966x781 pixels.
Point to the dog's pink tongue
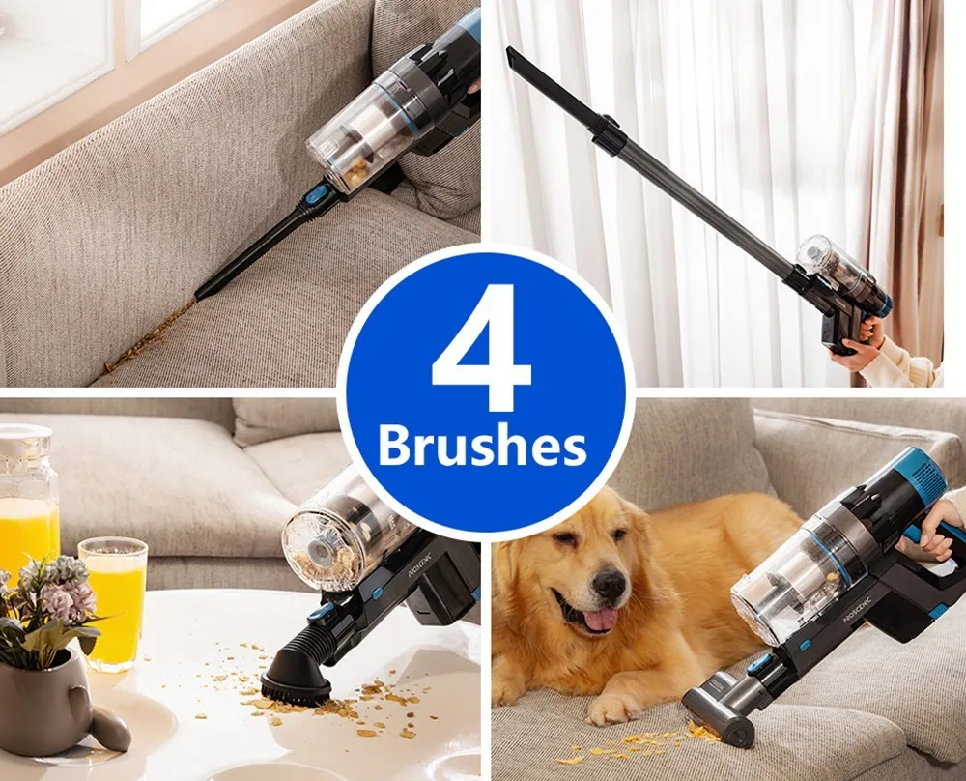[600, 620]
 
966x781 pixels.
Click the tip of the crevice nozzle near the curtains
[509, 51]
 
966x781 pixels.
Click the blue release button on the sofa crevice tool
[313, 197]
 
